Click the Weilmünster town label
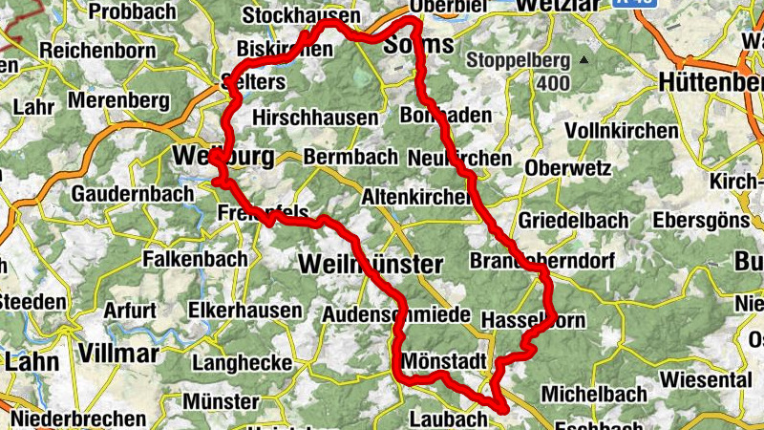pos(371,265)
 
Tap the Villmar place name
pos(118,354)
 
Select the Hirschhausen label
pos(315,117)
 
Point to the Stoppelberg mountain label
pos(518,60)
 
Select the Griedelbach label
pos(573,221)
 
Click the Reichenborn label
pos(91,49)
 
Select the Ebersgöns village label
pos(701,221)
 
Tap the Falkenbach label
pos(195,258)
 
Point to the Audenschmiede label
pos(396,314)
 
